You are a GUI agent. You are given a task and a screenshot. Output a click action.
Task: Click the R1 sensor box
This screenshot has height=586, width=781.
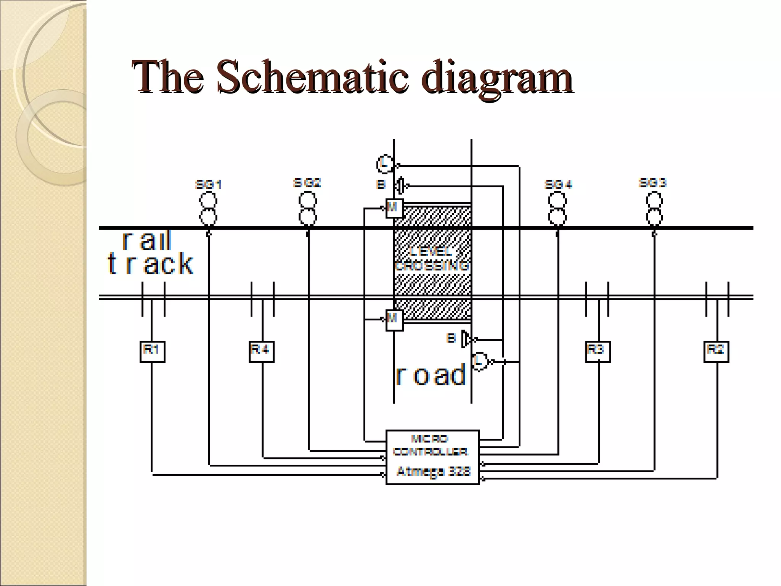pos(152,351)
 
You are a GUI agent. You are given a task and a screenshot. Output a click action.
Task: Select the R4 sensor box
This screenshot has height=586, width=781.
pos(261,351)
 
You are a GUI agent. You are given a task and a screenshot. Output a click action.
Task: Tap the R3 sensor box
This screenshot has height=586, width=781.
pos(598,351)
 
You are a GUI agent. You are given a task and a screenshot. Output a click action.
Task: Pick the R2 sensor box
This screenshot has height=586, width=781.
pos(716,351)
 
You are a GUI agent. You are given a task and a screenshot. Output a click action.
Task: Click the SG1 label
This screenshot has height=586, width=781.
pos(208,185)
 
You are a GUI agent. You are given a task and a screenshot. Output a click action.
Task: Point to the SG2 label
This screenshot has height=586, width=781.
pos(307,183)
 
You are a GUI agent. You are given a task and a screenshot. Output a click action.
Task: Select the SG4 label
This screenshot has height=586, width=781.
pos(558,185)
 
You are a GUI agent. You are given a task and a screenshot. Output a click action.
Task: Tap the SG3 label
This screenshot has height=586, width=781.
pos(652,183)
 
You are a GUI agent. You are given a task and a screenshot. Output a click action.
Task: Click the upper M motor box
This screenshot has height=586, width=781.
pos(394,208)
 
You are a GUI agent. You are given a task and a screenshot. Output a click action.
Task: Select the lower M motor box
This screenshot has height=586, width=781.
pos(394,320)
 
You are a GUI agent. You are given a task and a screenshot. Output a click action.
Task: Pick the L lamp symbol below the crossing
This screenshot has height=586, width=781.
pos(480,361)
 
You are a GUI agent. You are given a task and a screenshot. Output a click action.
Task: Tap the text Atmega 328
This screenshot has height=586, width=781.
pos(433,472)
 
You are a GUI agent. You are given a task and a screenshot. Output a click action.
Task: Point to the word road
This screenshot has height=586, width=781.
pos(431,375)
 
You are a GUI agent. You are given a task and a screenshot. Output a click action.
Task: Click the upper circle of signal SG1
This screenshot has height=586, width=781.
pos(208,200)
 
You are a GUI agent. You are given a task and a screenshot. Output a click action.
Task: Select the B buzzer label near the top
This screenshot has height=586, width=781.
pos(381,185)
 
